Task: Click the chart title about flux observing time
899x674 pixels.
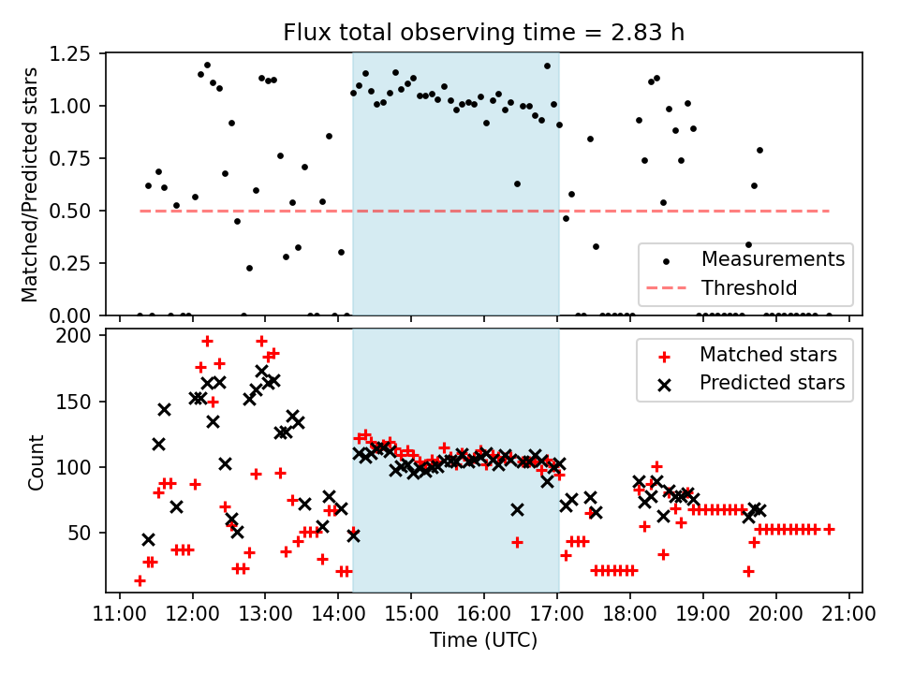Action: click(x=484, y=33)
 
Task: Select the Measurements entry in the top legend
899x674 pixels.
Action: click(x=773, y=258)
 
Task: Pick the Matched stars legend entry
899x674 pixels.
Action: click(x=768, y=354)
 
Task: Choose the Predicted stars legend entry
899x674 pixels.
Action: click(x=772, y=382)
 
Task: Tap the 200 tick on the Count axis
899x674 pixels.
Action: click(x=82, y=336)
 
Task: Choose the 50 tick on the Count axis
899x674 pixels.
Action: click(x=86, y=533)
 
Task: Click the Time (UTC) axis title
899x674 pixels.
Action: click(x=484, y=640)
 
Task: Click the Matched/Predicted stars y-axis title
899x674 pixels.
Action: click(x=31, y=184)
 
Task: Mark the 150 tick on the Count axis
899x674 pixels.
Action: click(x=82, y=402)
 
